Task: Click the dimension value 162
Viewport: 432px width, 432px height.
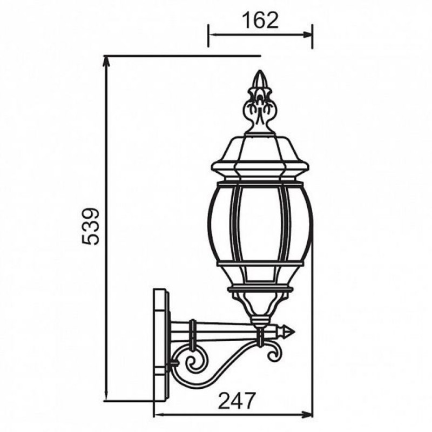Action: point(260,21)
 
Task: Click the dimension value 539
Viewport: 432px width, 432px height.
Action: point(90,227)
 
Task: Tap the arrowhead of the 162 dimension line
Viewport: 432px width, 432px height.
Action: point(307,35)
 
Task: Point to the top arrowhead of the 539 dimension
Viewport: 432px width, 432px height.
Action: point(106,61)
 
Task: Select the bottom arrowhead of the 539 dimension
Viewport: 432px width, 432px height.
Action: point(106,396)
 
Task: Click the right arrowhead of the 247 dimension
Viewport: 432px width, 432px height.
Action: point(307,414)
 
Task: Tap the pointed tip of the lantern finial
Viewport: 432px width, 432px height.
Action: point(260,71)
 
